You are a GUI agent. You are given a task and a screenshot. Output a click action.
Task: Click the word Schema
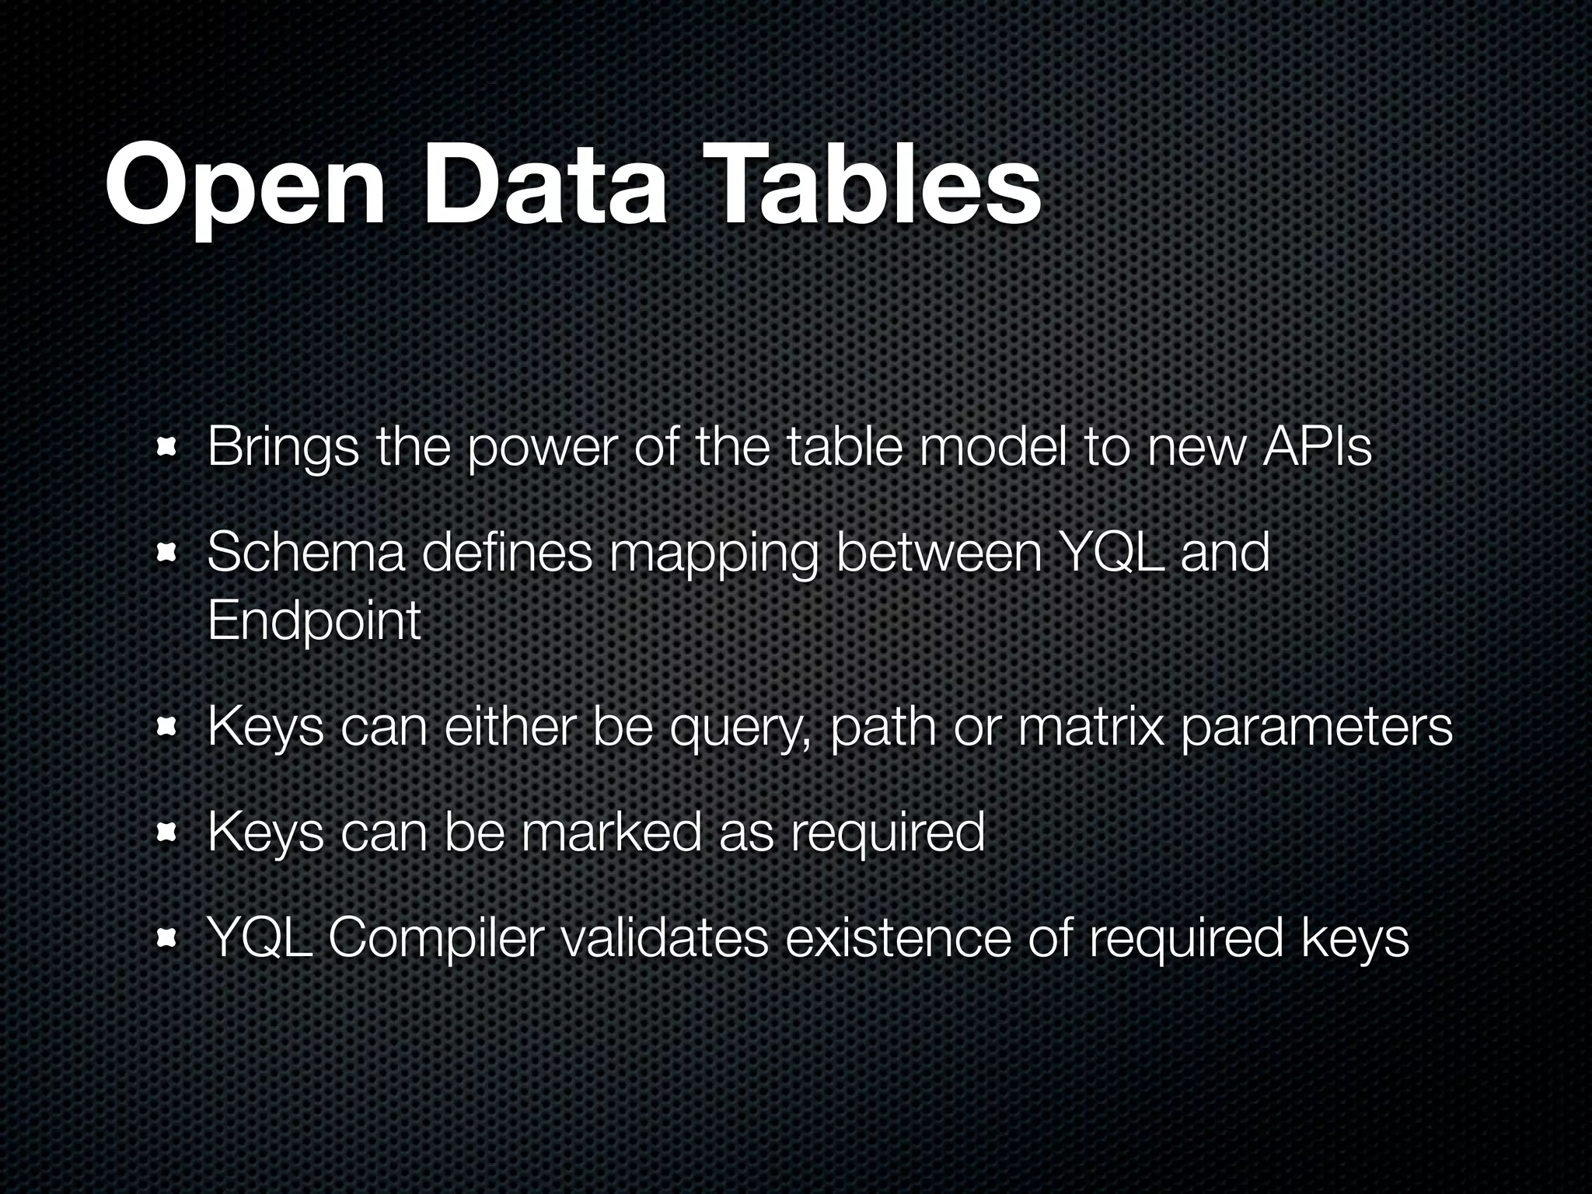pos(305,553)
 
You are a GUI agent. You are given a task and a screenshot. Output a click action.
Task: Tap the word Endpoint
pos(314,621)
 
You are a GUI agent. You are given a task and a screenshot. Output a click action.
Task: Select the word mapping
pos(713,554)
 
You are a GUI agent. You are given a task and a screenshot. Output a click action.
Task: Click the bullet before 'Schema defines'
pos(166,553)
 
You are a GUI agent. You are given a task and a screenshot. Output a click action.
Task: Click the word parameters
pos(1315,728)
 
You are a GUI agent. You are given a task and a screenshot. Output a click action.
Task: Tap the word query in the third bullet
pos(741,728)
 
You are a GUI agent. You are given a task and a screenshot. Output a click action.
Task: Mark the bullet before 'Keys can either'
pos(166,728)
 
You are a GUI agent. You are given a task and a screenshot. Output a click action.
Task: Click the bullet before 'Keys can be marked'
pos(166,833)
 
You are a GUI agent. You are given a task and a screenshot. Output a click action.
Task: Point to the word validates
pos(664,937)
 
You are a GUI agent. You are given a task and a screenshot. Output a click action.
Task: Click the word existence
pos(898,937)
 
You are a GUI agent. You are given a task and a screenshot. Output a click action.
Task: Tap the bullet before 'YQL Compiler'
pos(166,939)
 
